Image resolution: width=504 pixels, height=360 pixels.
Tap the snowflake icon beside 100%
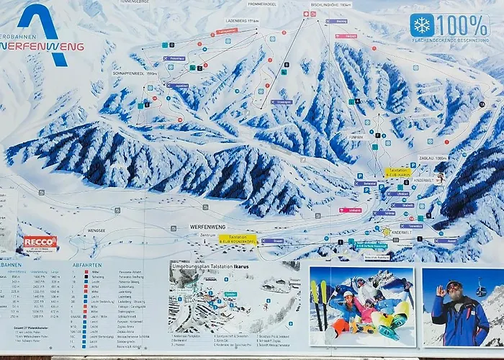tap(422, 25)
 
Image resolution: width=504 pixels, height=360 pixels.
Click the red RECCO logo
tap(40, 242)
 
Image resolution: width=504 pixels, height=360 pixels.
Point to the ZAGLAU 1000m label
tap(433, 158)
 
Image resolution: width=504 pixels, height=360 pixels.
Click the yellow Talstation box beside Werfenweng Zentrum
tap(238, 237)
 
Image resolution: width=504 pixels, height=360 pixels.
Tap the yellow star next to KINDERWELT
tap(387, 232)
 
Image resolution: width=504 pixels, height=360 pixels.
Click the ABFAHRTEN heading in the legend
tap(86, 264)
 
